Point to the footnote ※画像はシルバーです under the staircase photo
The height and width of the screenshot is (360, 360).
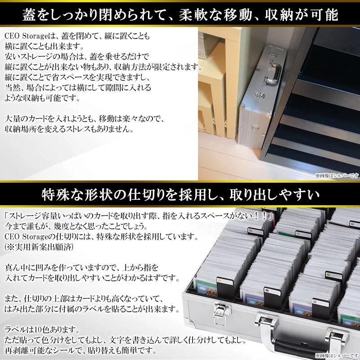point(335,176)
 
